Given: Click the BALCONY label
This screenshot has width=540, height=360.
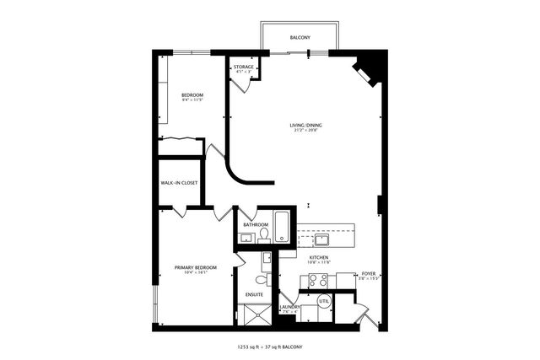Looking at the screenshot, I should [300, 38].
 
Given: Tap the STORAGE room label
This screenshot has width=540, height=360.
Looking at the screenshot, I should [245, 67].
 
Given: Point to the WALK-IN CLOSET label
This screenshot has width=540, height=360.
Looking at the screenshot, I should [180, 182].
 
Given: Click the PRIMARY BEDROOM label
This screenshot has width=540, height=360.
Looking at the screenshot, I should [196, 267].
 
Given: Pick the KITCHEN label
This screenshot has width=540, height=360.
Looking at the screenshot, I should [318, 257].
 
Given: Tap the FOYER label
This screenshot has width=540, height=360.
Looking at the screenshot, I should [368, 274].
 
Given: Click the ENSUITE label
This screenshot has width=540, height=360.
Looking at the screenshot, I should [254, 294].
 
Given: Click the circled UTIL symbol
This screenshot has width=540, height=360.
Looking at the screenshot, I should [324, 301].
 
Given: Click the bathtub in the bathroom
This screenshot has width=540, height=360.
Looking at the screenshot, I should [283, 228].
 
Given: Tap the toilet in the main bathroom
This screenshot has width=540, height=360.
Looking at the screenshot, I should [263, 234].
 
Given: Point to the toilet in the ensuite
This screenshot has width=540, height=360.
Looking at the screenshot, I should [261, 277].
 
